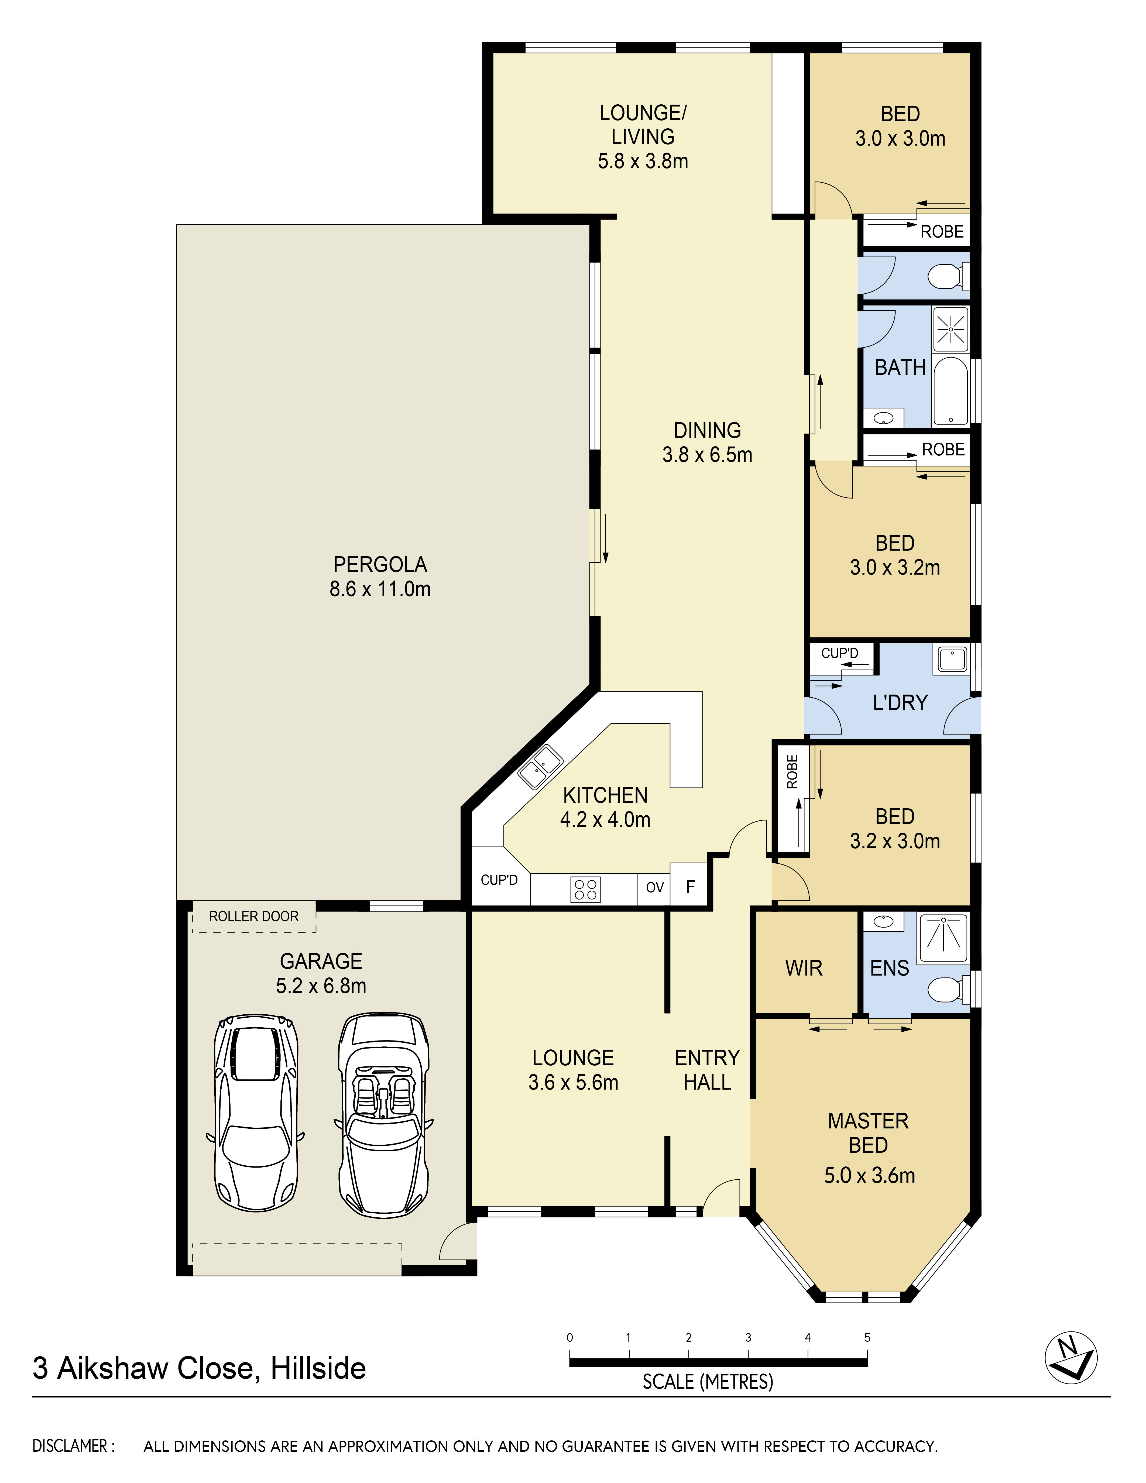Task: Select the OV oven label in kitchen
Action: pyautogui.click(x=654, y=887)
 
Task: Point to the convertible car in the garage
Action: pyautogui.click(x=384, y=1115)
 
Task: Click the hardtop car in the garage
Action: pyautogui.click(x=256, y=1114)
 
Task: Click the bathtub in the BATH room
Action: pyautogui.click(x=951, y=391)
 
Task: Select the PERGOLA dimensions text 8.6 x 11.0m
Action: pyautogui.click(x=380, y=589)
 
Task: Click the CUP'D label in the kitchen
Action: pyautogui.click(x=499, y=880)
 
